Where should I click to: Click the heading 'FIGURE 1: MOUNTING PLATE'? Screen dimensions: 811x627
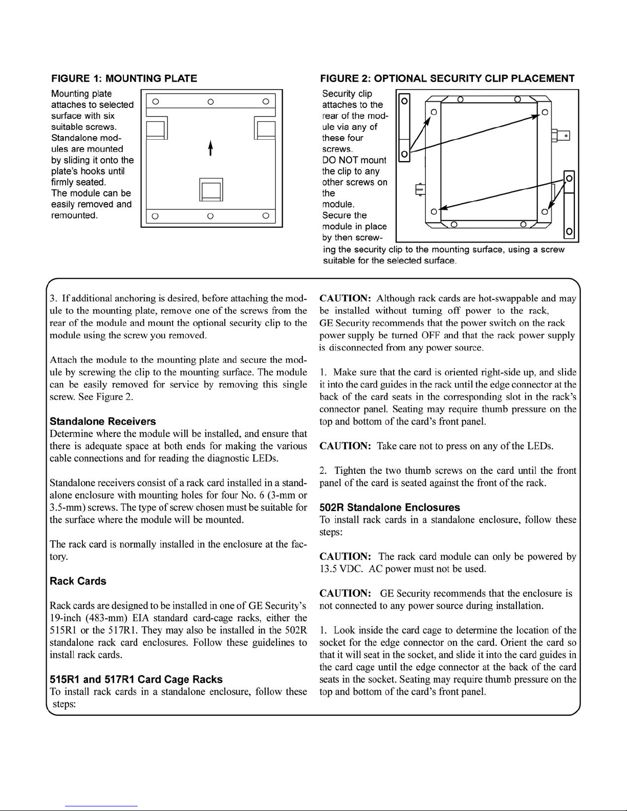(124, 78)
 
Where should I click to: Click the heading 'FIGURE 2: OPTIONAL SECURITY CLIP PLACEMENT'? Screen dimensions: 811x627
(447, 78)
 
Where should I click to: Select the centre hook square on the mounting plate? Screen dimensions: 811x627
(211, 190)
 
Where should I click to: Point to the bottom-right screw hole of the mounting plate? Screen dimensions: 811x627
(265, 216)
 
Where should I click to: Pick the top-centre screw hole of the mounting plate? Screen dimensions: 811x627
(210, 101)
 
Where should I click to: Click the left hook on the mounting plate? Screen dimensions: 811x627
(157, 128)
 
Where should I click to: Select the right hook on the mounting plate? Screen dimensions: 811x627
(265, 128)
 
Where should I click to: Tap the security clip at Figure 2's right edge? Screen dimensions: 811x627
(569, 205)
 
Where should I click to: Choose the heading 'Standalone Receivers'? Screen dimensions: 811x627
(103, 422)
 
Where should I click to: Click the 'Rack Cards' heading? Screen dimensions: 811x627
(78, 581)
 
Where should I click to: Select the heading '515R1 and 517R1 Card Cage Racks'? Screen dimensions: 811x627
(136, 680)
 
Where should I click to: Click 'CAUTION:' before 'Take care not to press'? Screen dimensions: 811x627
(345, 446)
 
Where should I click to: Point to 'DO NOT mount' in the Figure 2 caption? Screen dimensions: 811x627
(354, 160)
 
